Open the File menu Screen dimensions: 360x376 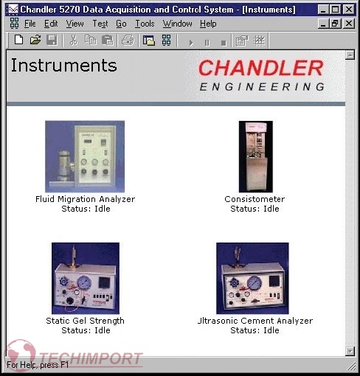click(x=30, y=24)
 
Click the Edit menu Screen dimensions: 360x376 click(x=51, y=24)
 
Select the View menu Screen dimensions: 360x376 click(x=75, y=24)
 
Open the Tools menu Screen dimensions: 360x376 click(x=145, y=24)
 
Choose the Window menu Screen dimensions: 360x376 click(x=177, y=24)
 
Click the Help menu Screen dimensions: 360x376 click(x=208, y=24)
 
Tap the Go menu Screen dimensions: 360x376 click(x=121, y=24)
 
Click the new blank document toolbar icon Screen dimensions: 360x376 click(x=19, y=40)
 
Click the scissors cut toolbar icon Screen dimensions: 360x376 click(x=74, y=40)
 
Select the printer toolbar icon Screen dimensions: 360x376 click(x=128, y=41)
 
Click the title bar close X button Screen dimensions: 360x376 click(x=349, y=10)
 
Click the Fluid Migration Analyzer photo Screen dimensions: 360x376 click(x=85, y=156)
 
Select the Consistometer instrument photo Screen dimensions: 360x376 click(x=256, y=156)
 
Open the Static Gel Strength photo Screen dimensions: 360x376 click(x=86, y=278)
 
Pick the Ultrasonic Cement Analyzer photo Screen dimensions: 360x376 click(x=252, y=278)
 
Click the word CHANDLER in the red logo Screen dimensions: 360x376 click(x=261, y=68)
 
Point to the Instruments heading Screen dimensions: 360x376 click(x=64, y=66)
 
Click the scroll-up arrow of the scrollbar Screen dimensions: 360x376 click(x=350, y=55)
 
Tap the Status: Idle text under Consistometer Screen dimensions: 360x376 click(x=255, y=209)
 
